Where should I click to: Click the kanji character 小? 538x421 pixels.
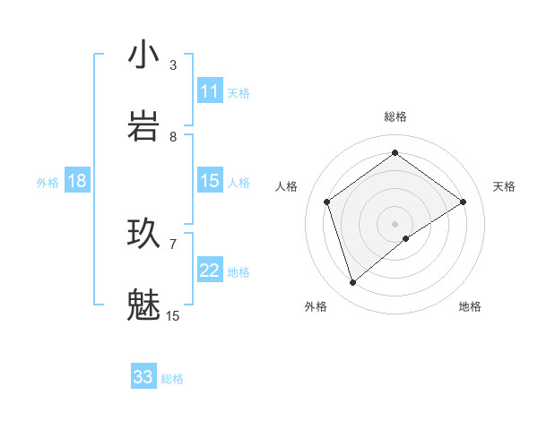[143, 56]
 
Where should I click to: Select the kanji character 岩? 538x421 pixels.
[143, 126]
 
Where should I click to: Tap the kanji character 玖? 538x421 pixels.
[143, 234]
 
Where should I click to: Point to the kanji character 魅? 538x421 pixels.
[143, 305]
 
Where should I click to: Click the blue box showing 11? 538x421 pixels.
[210, 91]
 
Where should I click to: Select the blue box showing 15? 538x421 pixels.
[210, 181]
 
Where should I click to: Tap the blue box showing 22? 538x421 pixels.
[210, 271]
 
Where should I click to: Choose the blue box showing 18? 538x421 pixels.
[77, 181]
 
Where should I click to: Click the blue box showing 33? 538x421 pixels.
[143, 377]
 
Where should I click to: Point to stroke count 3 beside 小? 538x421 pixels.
[173, 64]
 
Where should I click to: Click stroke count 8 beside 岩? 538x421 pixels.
[173, 136]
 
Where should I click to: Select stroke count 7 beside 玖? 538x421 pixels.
[173, 243]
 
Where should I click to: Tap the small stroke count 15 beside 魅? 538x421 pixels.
[173, 315]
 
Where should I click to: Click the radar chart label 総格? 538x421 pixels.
[395, 116]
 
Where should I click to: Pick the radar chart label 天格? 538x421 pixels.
[505, 186]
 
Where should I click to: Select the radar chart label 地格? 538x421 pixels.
[470, 306]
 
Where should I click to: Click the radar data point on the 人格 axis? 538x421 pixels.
[327, 202]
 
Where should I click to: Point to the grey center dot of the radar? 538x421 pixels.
[395, 223]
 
